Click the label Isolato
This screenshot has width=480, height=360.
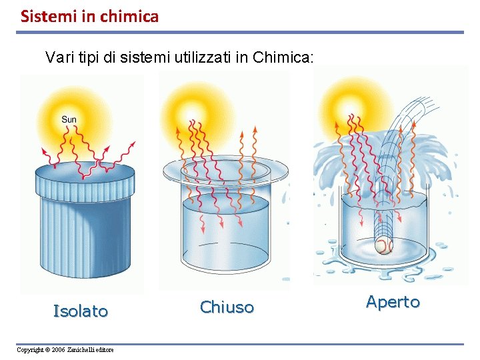pos(81,311)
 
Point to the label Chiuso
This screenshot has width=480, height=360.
pos(227,307)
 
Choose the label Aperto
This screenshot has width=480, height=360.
pos(393,302)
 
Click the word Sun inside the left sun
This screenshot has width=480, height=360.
pos(69,120)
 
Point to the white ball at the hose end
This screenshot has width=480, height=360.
pos(382,247)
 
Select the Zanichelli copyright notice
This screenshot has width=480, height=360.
pos(65,350)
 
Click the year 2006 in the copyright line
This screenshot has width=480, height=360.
pos(59,350)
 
